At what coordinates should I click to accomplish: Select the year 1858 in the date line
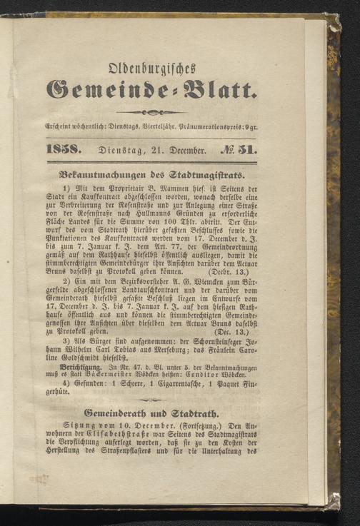[x=83, y=151]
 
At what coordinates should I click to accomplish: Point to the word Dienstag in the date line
[x=133, y=151]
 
